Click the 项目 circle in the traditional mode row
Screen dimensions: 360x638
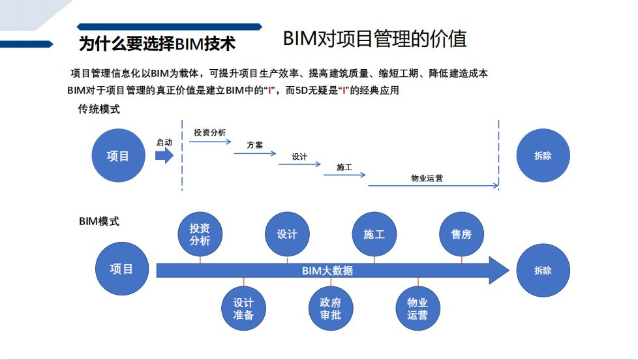tap(117, 156)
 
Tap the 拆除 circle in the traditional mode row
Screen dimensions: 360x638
tap(543, 156)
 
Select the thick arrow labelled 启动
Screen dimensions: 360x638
tap(164, 155)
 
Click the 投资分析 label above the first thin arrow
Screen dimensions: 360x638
tap(209, 132)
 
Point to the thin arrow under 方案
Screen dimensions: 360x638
tap(254, 153)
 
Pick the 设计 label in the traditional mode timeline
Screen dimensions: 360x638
tap(299, 157)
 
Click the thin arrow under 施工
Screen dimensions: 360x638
tap(344, 175)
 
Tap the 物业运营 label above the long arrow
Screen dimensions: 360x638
tap(427, 177)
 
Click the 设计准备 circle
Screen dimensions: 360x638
tap(243, 308)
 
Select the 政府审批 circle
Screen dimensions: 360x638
tap(331, 308)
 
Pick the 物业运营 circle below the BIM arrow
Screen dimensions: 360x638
tap(418, 308)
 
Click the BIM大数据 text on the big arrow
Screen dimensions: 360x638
tap(327, 271)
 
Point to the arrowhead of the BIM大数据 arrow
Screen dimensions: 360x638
tap(498, 271)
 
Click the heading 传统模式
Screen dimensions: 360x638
tap(99, 110)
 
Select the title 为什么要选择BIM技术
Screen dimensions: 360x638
tap(157, 44)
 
